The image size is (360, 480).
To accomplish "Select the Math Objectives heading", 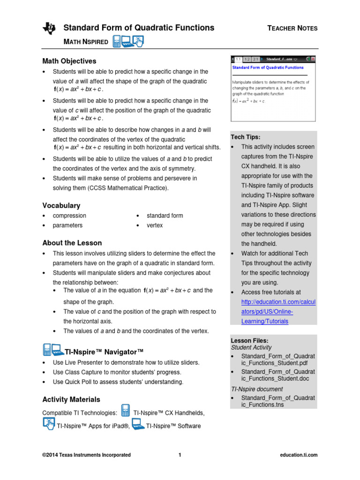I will [69, 61].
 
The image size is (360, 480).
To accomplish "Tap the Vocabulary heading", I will [61, 205].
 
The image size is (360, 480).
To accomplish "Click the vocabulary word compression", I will [69, 216].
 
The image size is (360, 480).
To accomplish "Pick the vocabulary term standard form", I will [165, 216].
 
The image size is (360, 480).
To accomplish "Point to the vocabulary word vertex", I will [155, 225].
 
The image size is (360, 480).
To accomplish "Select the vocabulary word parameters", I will [67, 225].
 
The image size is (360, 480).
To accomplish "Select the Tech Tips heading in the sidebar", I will [245, 137].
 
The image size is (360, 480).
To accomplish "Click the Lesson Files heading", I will [249, 340].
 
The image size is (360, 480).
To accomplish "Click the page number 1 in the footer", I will [180, 455].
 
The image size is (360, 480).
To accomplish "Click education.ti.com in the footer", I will [298, 455].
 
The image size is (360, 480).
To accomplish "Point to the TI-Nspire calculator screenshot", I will [273, 88].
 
